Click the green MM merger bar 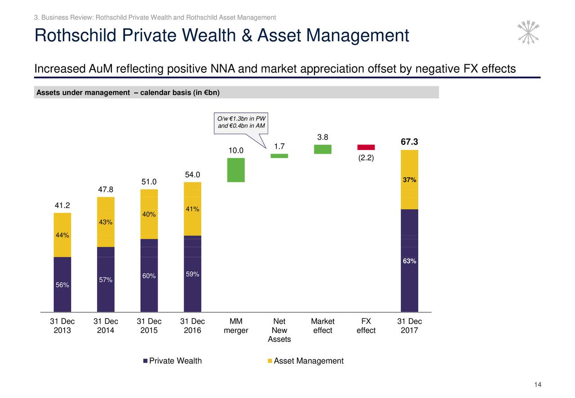coord(236,170)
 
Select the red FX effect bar coord(366,147)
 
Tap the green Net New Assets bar coord(279,156)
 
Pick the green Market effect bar coord(323,149)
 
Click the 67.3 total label coord(409,142)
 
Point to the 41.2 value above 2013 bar coord(62,206)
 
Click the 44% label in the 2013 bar coord(62,235)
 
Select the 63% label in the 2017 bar coord(409,261)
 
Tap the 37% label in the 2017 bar coord(409,180)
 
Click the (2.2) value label coord(366,159)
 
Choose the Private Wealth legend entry coord(172,361)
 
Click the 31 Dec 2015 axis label coord(149,326)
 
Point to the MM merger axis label coord(236,326)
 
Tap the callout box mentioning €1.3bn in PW coord(241,122)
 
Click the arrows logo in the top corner coord(528,32)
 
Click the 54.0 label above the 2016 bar coord(192,175)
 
